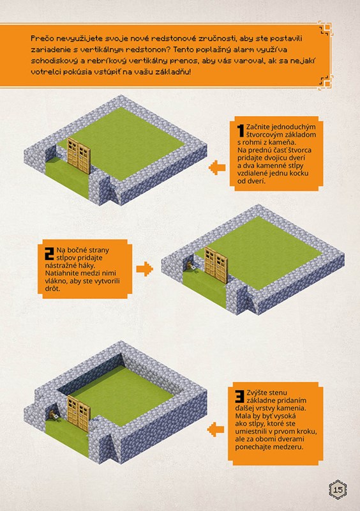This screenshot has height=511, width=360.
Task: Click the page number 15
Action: point(338,490)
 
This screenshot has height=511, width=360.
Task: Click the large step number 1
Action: point(241,130)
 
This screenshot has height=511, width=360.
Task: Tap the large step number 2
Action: point(50,254)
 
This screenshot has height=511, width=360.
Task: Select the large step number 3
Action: point(240,396)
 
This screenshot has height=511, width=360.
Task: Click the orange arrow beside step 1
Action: point(217,168)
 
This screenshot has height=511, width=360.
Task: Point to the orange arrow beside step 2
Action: point(145,269)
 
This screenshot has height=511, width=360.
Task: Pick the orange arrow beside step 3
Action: point(216,429)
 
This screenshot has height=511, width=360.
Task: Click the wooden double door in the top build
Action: point(79,156)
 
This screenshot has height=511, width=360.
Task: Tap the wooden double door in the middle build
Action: point(216,264)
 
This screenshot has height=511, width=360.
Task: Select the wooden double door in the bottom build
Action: point(79,413)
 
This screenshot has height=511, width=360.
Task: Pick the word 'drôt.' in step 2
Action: point(53,289)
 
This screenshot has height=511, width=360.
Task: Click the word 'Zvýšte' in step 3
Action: point(257,393)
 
